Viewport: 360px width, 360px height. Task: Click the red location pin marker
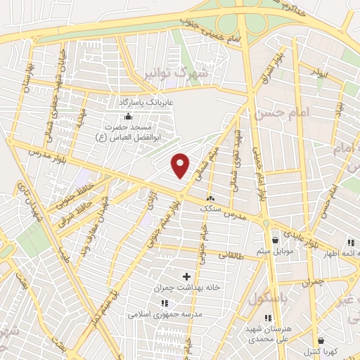(181, 165)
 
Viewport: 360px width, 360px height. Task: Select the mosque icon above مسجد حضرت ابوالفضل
(127, 117)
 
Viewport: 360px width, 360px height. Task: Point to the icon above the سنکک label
(210, 199)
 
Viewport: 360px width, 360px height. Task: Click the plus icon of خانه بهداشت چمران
(186, 276)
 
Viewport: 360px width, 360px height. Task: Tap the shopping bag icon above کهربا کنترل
(321, 340)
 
